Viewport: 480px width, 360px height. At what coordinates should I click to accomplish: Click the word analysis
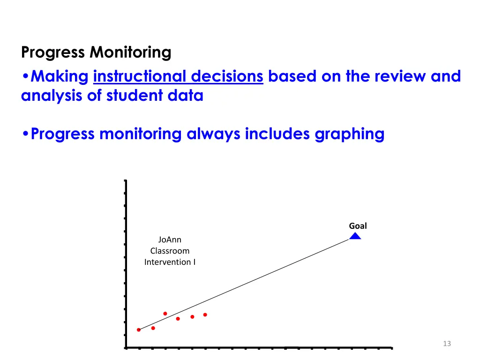pyautogui.click(x=49, y=96)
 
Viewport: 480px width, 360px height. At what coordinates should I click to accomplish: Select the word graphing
pyautogui.click(x=349, y=134)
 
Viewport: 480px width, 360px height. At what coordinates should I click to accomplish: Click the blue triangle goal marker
pyautogui.click(x=355, y=236)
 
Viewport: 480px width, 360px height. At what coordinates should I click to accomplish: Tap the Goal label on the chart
pyautogui.click(x=358, y=226)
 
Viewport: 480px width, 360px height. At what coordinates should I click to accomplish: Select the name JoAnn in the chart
pyautogui.click(x=170, y=240)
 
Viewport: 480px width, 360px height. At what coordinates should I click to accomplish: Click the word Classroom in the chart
pyautogui.click(x=170, y=251)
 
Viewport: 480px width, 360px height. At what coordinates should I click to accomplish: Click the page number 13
pyautogui.click(x=447, y=344)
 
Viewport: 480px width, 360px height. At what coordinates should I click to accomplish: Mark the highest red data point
pyautogui.click(x=165, y=314)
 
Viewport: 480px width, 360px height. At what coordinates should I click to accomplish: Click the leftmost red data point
pyautogui.click(x=139, y=330)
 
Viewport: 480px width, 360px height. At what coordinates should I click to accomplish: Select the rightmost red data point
pyautogui.click(x=205, y=315)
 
